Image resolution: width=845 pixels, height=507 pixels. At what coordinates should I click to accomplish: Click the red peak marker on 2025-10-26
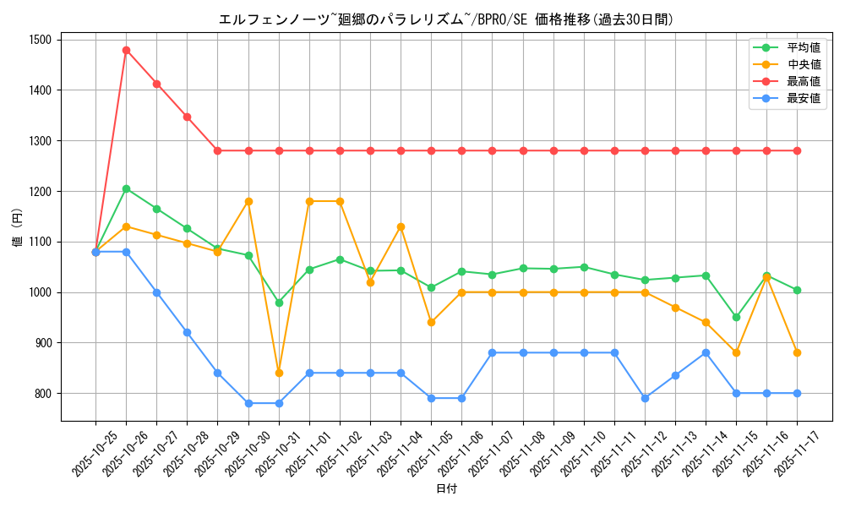126,50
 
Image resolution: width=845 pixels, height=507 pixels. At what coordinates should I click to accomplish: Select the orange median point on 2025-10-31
279,373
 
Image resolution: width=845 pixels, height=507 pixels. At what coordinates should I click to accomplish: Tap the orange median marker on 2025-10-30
248,201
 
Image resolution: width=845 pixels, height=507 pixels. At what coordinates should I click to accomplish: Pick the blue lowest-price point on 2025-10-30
248,403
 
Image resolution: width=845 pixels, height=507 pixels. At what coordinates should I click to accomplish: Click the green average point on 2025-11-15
736,317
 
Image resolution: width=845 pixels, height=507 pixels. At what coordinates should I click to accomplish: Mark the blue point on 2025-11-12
645,398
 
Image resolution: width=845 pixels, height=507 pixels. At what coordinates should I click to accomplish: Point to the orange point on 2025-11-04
401,226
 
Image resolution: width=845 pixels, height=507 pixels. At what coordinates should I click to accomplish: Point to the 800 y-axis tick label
41,394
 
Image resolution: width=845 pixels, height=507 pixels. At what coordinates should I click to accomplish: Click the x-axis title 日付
446,489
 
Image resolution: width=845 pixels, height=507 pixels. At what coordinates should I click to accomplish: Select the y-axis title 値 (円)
17,230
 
